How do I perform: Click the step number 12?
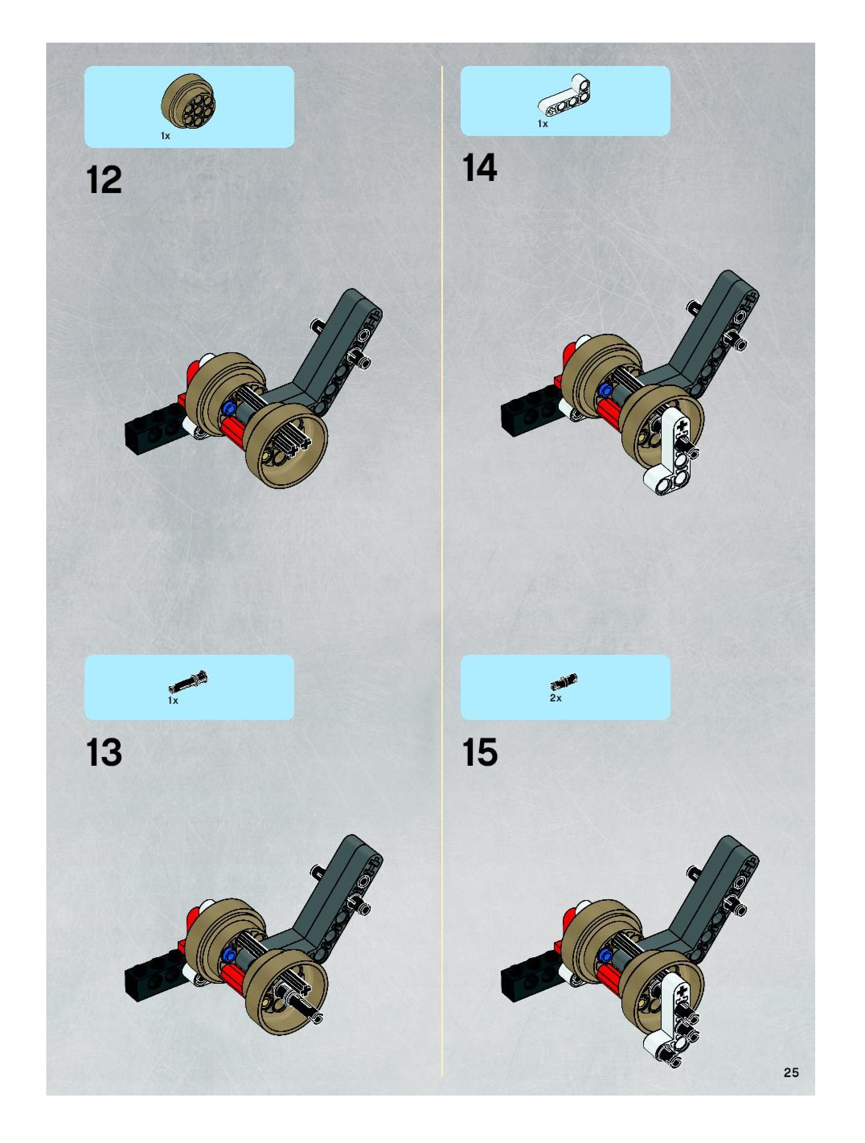pos(105,180)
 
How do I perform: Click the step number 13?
pos(105,752)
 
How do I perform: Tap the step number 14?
pos(480,168)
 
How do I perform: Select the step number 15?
pos(480,752)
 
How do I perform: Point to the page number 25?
pos(791,1073)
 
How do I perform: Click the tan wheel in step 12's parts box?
pos(189,101)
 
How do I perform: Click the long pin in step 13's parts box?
pos(189,680)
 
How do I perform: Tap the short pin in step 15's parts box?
pos(564,682)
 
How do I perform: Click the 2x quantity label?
pos(555,697)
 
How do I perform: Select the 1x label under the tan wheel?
pos(165,136)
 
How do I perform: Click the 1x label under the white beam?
pos(543,124)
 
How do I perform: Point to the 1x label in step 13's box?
pos(173,701)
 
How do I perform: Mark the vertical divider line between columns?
pos(442,571)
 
